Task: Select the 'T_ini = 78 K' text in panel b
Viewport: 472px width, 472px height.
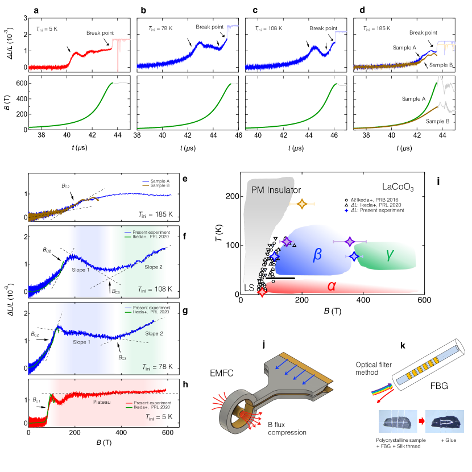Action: coord(154,27)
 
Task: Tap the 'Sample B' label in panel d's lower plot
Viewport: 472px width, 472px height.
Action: coord(436,121)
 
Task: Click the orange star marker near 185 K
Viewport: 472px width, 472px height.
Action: coord(302,204)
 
